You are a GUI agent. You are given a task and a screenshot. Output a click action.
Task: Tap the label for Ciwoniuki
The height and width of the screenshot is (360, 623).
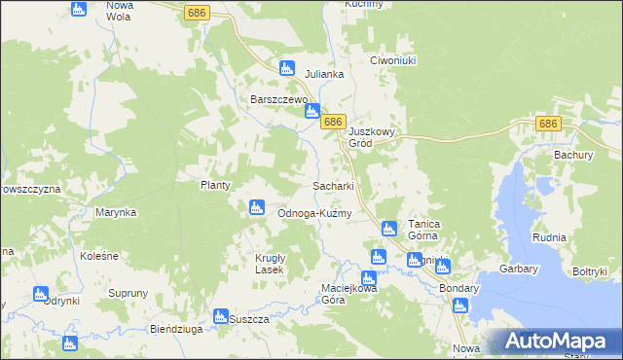[x=393, y=60]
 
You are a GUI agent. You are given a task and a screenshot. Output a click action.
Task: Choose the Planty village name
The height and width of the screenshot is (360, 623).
[x=214, y=185]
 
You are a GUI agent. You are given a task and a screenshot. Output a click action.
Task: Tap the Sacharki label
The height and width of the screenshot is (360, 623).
[x=332, y=185]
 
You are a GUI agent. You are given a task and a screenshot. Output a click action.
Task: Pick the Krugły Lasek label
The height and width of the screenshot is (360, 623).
[x=263, y=264]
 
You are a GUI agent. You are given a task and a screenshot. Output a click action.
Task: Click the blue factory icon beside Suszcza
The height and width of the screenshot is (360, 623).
[x=220, y=315]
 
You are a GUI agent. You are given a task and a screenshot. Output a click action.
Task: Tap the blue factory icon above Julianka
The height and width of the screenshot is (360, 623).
[x=286, y=68]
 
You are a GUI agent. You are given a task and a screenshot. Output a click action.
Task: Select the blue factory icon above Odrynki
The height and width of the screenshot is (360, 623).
[x=41, y=294]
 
